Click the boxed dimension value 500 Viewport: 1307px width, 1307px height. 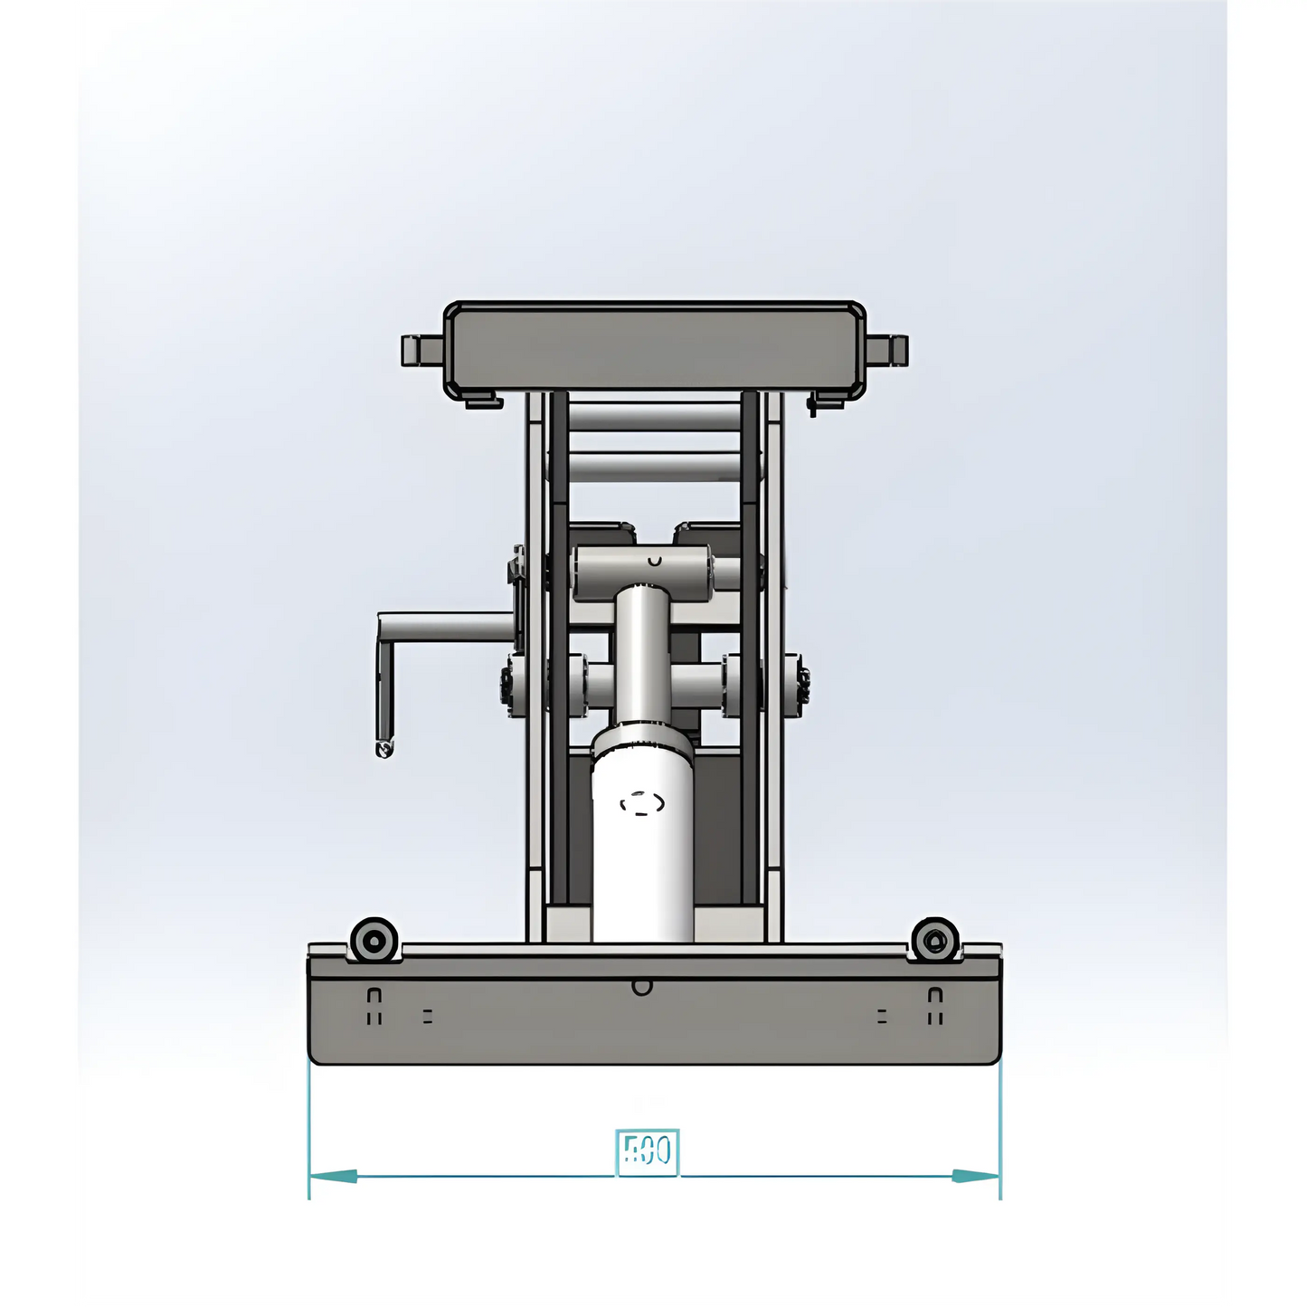(x=647, y=1151)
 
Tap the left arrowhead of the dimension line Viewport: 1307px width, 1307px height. (x=335, y=1176)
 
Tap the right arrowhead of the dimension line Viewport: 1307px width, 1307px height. (x=975, y=1176)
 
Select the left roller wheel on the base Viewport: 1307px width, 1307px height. (x=374, y=941)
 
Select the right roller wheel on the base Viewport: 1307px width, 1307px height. (x=934, y=941)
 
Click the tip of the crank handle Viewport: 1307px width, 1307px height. (x=384, y=748)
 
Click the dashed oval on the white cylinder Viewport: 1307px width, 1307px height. (x=642, y=803)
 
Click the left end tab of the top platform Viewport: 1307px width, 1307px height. (x=421, y=350)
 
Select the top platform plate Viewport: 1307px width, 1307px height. (x=654, y=347)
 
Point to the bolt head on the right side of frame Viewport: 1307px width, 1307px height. (x=800, y=684)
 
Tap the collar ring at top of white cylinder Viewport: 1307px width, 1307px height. (x=643, y=738)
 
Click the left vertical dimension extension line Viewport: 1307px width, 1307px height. (x=309, y=1131)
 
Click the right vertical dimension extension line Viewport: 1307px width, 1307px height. (x=1000, y=1131)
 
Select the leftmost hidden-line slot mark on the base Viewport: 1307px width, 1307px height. (x=374, y=1005)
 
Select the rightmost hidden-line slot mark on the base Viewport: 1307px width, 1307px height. (x=935, y=1005)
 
